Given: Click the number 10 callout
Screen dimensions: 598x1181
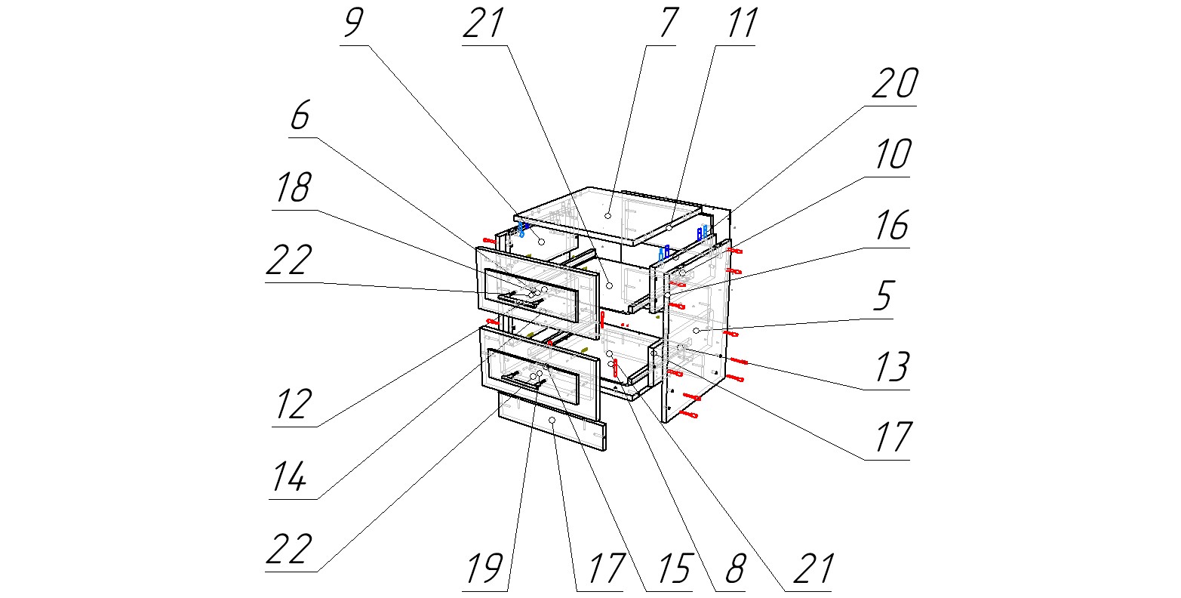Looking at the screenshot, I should click(x=894, y=155).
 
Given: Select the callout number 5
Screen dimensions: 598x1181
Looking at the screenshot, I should click(x=882, y=297).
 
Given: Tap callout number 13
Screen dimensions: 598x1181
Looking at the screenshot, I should click(x=891, y=368).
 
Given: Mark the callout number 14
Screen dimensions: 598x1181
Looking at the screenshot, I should click(x=290, y=476).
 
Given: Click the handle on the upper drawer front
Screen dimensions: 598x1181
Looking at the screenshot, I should click(x=521, y=301).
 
